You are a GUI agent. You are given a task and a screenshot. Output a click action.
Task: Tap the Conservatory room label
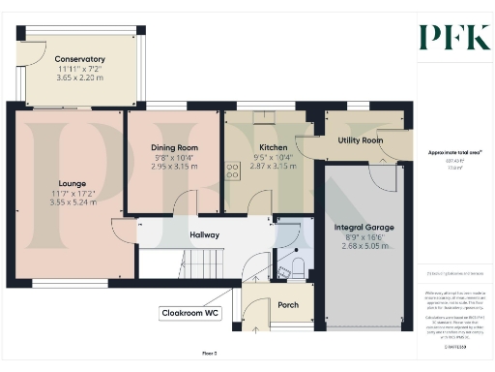point(80,59)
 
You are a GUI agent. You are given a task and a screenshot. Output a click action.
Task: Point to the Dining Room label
point(174,147)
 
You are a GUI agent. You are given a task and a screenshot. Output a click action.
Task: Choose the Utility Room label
point(361,140)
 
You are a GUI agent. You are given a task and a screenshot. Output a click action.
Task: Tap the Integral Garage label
point(362,228)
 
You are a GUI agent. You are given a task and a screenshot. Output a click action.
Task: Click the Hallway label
point(204,234)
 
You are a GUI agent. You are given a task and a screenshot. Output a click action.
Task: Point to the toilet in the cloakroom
point(297,264)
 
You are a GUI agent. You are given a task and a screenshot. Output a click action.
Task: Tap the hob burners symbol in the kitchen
point(233,171)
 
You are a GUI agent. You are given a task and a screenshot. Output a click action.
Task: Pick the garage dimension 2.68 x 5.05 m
point(362,246)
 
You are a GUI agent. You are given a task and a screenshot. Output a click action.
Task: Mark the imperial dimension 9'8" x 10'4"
point(174,157)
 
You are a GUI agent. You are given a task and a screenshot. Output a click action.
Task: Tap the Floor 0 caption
point(209,355)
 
